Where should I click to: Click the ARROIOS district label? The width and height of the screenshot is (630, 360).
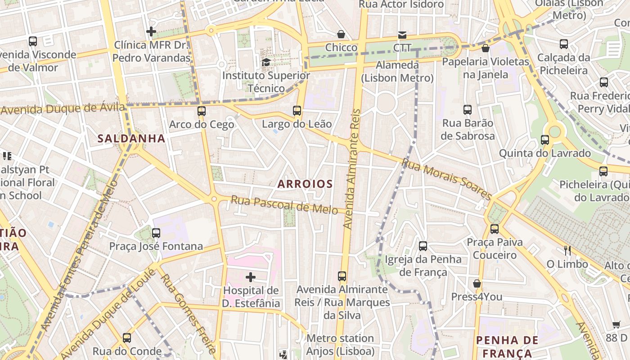click(305, 184)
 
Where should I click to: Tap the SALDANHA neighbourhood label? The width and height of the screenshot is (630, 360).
click(131, 139)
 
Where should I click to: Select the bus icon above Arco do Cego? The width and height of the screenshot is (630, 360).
click(202, 111)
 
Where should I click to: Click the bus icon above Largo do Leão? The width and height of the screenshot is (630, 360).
click(297, 110)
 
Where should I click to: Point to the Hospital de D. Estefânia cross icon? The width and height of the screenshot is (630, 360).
click(251, 277)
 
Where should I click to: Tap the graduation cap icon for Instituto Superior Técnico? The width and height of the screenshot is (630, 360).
click(266, 62)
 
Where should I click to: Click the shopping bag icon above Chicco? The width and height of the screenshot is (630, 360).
click(341, 34)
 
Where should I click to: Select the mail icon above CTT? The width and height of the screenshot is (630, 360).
click(402, 35)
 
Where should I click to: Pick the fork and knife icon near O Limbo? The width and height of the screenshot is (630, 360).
click(567, 251)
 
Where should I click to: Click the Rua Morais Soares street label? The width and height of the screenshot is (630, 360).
click(446, 179)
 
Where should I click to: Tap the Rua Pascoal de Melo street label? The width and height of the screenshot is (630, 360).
click(284, 205)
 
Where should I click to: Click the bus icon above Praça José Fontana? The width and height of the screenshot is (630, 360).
click(156, 233)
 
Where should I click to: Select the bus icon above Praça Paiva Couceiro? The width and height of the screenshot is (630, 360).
click(495, 229)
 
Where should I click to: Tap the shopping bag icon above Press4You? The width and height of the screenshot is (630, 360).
click(477, 283)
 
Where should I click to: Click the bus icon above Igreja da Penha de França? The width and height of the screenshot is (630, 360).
click(423, 246)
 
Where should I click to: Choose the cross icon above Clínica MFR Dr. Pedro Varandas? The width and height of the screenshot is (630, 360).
click(151, 31)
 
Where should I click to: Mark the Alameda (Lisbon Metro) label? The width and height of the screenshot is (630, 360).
click(397, 72)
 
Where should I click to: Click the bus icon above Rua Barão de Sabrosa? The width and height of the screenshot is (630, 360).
click(468, 109)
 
